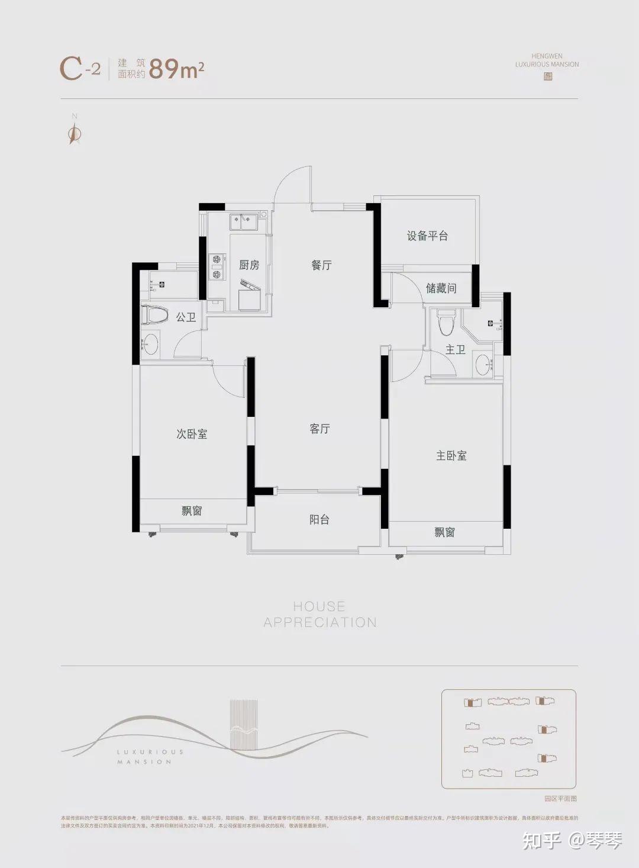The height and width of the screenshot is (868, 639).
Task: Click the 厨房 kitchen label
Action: click(x=249, y=265)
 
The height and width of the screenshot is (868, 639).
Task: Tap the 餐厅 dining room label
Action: click(x=321, y=265)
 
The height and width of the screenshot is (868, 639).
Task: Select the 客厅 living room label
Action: click(x=319, y=429)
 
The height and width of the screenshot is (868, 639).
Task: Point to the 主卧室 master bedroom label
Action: click(x=451, y=455)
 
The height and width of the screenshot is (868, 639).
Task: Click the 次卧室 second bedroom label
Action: click(x=192, y=434)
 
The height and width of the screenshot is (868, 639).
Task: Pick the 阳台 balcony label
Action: click(x=319, y=520)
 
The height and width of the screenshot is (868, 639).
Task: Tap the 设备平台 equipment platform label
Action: click(x=427, y=236)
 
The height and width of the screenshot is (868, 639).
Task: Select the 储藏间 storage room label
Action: click(x=441, y=288)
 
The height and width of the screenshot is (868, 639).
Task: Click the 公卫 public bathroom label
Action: click(x=186, y=317)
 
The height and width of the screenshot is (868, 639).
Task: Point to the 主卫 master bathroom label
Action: click(x=455, y=350)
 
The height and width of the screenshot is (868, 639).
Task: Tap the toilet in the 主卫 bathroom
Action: click(x=446, y=322)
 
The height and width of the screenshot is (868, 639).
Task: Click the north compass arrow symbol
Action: click(x=74, y=135)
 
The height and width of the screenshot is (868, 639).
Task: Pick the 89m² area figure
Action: click(x=176, y=69)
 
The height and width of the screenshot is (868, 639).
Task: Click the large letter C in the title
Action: click(x=71, y=69)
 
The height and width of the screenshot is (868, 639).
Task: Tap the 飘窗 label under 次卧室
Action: click(x=192, y=510)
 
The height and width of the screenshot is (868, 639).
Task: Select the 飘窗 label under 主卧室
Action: click(x=444, y=532)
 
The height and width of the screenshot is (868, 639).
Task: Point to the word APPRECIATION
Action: click(x=319, y=622)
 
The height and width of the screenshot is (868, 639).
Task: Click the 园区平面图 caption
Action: click(x=560, y=798)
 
